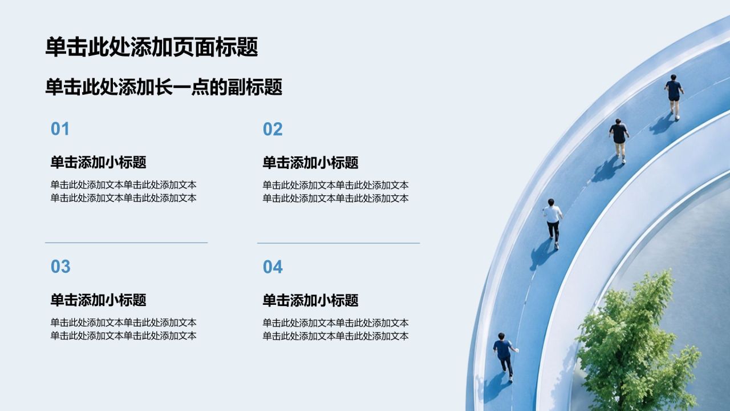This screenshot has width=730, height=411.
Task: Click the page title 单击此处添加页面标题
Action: pyautogui.click(x=152, y=47)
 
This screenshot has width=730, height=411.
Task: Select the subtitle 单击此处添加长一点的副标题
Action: pyautogui.click(x=164, y=87)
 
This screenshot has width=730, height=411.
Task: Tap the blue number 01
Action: pyautogui.click(x=60, y=129)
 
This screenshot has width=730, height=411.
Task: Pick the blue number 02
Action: pyautogui.click(x=273, y=129)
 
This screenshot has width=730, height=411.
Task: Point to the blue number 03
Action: pyautogui.click(x=60, y=267)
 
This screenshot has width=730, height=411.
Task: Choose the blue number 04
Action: pyautogui.click(x=273, y=267)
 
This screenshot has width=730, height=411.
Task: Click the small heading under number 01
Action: pyautogui.click(x=99, y=162)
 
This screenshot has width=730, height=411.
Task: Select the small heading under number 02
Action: pyautogui.click(x=311, y=163)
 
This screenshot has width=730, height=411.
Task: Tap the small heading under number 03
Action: pyautogui.click(x=99, y=300)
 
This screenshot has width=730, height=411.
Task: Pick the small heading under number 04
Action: pyautogui.click(x=311, y=300)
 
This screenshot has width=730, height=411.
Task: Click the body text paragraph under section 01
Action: pyautogui.click(x=124, y=191)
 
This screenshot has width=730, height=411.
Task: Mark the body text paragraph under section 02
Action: pyautogui.click(x=336, y=191)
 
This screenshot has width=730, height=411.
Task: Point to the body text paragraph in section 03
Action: pyautogui.click(x=124, y=329)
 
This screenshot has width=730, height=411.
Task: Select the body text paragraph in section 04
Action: pyautogui.click(x=336, y=329)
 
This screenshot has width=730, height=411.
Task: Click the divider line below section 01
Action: pyautogui.click(x=127, y=243)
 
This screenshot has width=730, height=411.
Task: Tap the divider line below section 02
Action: pyautogui.click(x=339, y=243)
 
